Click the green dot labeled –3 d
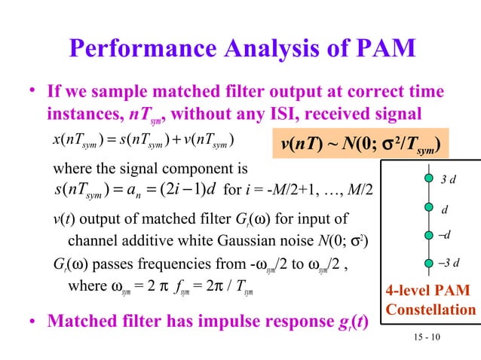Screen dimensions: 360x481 coord(428,264)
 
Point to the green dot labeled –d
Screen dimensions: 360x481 coord(428,236)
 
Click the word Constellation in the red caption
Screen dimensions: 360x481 coord(430,310)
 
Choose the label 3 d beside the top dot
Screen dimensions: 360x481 coord(449,178)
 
